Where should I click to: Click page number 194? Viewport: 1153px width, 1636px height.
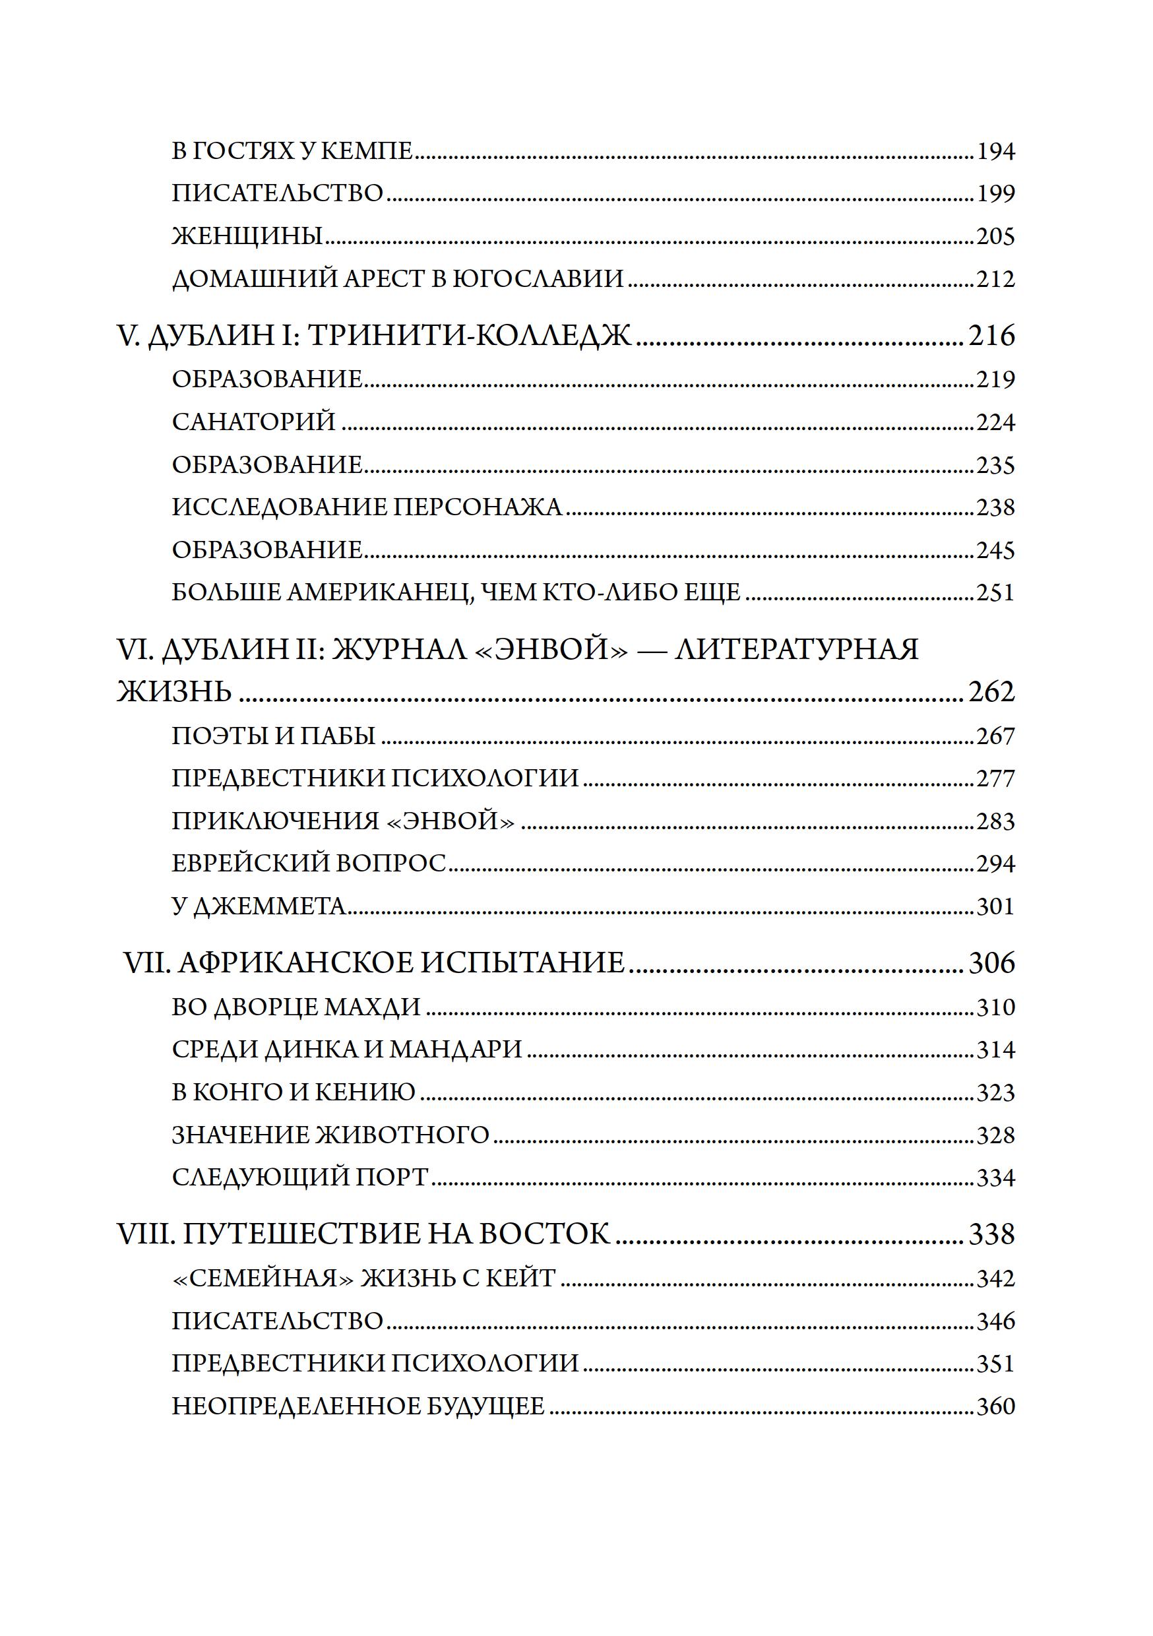[995, 152]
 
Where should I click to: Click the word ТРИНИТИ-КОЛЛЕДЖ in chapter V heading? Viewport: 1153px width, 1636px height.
[470, 336]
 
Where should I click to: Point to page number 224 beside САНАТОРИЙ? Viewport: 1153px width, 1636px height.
[995, 423]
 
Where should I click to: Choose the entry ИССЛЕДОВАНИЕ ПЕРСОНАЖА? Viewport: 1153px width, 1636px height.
[367, 507]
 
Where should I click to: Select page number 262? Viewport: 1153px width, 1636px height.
[991, 692]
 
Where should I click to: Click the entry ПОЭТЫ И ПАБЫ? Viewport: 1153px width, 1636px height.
[274, 736]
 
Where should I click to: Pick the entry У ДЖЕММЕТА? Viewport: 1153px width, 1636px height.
[259, 906]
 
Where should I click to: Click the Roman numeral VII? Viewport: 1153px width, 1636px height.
[146, 963]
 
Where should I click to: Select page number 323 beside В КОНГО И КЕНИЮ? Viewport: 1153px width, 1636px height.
[995, 1093]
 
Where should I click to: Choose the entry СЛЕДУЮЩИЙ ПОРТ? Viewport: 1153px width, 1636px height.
[300, 1178]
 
